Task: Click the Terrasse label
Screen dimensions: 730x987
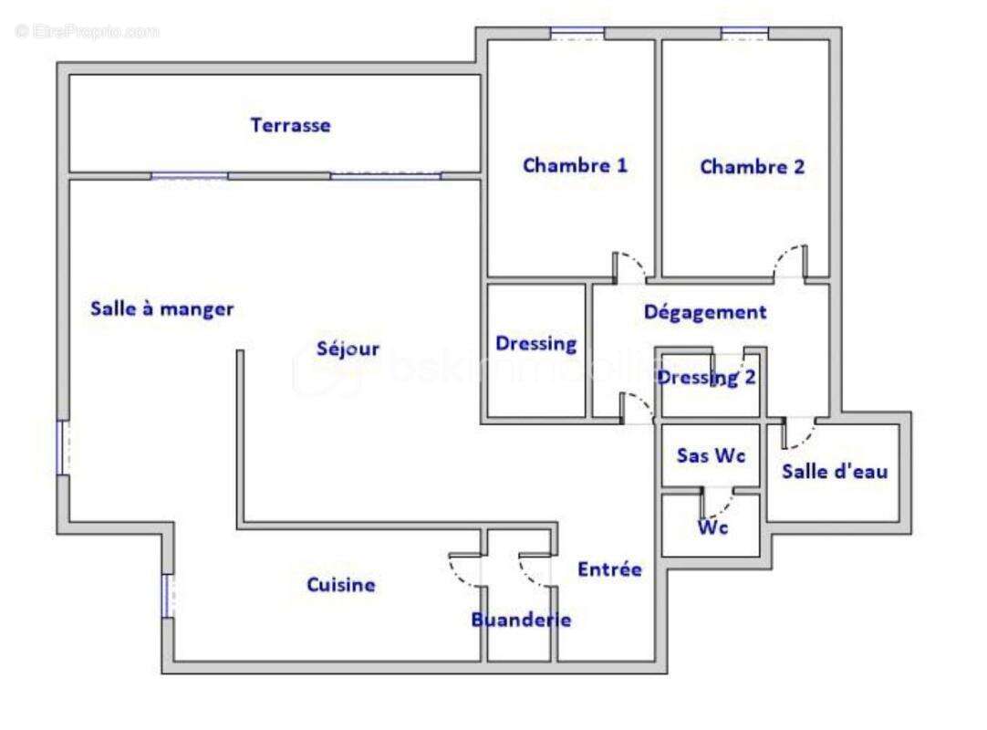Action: (x=290, y=126)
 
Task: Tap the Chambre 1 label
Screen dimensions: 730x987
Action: (x=575, y=166)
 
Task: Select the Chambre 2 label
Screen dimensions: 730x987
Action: (x=753, y=167)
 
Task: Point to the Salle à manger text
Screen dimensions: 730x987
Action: (x=161, y=309)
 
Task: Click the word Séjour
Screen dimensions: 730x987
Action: (x=348, y=349)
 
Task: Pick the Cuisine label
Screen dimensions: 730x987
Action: (x=340, y=585)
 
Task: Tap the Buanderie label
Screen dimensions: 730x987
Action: (x=521, y=620)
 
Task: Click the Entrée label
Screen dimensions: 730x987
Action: (x=609, y=569)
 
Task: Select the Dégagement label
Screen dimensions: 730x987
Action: (x=705, y=312)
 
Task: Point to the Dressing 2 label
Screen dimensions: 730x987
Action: (x=707, y=378)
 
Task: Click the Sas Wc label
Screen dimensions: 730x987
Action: (x=711, y=455)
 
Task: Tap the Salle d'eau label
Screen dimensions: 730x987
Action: (x=834, y=473)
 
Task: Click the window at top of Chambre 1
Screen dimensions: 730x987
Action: (x=577, y=34)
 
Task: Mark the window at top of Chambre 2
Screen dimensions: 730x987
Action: (x=745, y=34)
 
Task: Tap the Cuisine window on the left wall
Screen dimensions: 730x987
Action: (x=168, y=596)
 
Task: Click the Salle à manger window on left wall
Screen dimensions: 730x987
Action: (x=62, y=447)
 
